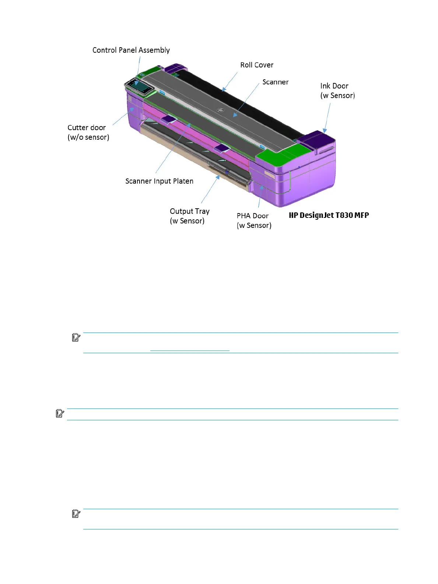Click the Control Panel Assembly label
click(131, 50)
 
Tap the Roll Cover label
click(257, 65)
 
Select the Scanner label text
click(275, 82)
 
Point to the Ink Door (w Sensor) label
click(337, 91)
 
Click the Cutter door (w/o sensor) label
click(88, 132)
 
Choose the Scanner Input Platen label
click(159, 181)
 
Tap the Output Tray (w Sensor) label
click(189, 216)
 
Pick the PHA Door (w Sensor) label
click(254, 220)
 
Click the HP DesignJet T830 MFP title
click(329, 215)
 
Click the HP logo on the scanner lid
click(221, 110)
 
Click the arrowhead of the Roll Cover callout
click(224, 89)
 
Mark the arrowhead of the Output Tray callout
click(218, 177)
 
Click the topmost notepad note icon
click(76, 337)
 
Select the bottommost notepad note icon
click(76, 514)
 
